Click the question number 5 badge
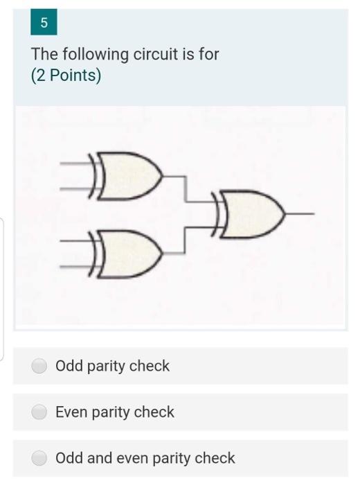pyautogui.click(x=44, y=22)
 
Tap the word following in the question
pyautogui.click(x=96, y=55)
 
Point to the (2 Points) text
pyautogui.click(x=66, y=75)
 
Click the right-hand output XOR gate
pyautogui.click(x=248, y=214)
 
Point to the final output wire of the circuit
pyautogui.click(x=300, y=213)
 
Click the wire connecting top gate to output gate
pyautogui.click(x=186, y=189)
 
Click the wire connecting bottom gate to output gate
pyautogui.click(x=185, y=240)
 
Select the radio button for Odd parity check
pyautogui.click(x=39, y=366)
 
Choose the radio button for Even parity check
pyautogui.click(x=39, y=412)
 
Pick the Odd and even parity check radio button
pyautogui.click(x=39, y=458)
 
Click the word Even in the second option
pyautogui.click(x=71, y=412)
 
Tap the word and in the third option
pyautogui.click(x=100, y=458)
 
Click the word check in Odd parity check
pyautogui.click(x=150, y=366)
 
